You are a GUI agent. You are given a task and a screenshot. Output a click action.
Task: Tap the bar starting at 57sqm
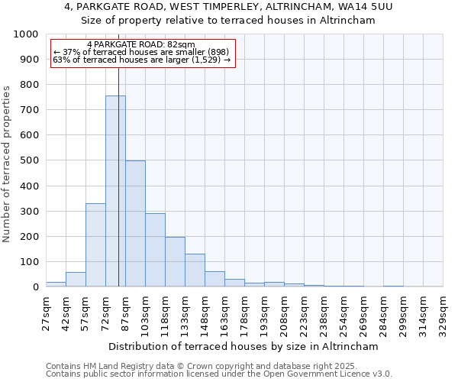(x=95, y=244)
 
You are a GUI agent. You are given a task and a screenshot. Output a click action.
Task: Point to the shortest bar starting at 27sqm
(x=56, y=284)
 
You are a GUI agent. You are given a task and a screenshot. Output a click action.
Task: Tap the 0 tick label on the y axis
(x=35, y=287)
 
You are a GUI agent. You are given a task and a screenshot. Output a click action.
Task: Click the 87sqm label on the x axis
(x=126, y=312)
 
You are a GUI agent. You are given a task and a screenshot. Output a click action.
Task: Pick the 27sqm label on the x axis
(x=47, y=312)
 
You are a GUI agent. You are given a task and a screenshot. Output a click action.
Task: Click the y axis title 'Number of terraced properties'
(x=8, y=163)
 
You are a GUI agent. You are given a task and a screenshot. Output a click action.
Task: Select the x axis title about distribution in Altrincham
(x=243, y=346)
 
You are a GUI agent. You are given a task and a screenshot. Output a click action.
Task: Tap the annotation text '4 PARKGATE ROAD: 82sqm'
(x=141, y=45)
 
